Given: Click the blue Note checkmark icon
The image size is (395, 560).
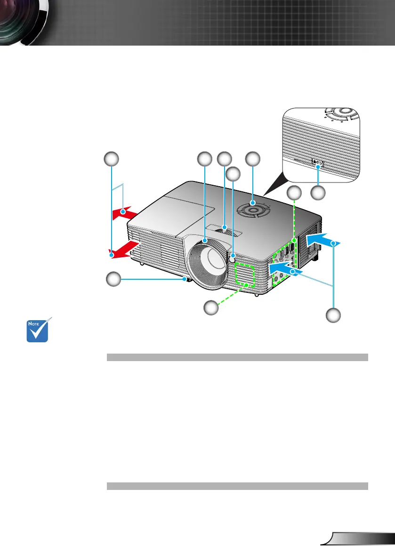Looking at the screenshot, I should (x=38, y=330).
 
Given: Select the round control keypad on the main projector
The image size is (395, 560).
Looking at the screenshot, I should (x=253, y=207).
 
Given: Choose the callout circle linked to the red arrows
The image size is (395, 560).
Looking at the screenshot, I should (x=112, y=158).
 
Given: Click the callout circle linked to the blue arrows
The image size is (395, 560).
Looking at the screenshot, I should (x=333, y=315).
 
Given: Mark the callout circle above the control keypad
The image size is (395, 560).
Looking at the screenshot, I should (x=253, y=158).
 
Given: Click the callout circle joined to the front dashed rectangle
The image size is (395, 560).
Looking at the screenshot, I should (x=211, y=308).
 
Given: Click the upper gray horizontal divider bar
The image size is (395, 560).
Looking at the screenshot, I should (x=237, y=357).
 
